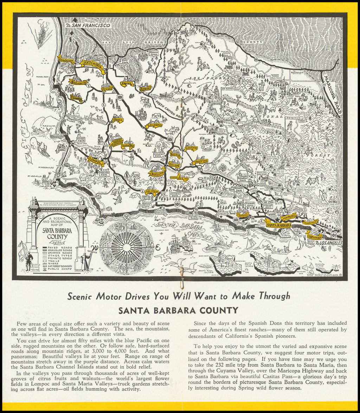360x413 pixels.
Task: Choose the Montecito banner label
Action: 289,216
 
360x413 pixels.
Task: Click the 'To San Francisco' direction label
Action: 89,25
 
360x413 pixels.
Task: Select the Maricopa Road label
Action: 333,95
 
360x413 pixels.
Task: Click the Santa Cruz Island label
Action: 249,265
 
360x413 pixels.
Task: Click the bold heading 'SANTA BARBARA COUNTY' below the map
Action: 178,310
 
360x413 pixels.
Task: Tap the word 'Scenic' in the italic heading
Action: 82,296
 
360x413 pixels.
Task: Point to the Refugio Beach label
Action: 194,217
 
